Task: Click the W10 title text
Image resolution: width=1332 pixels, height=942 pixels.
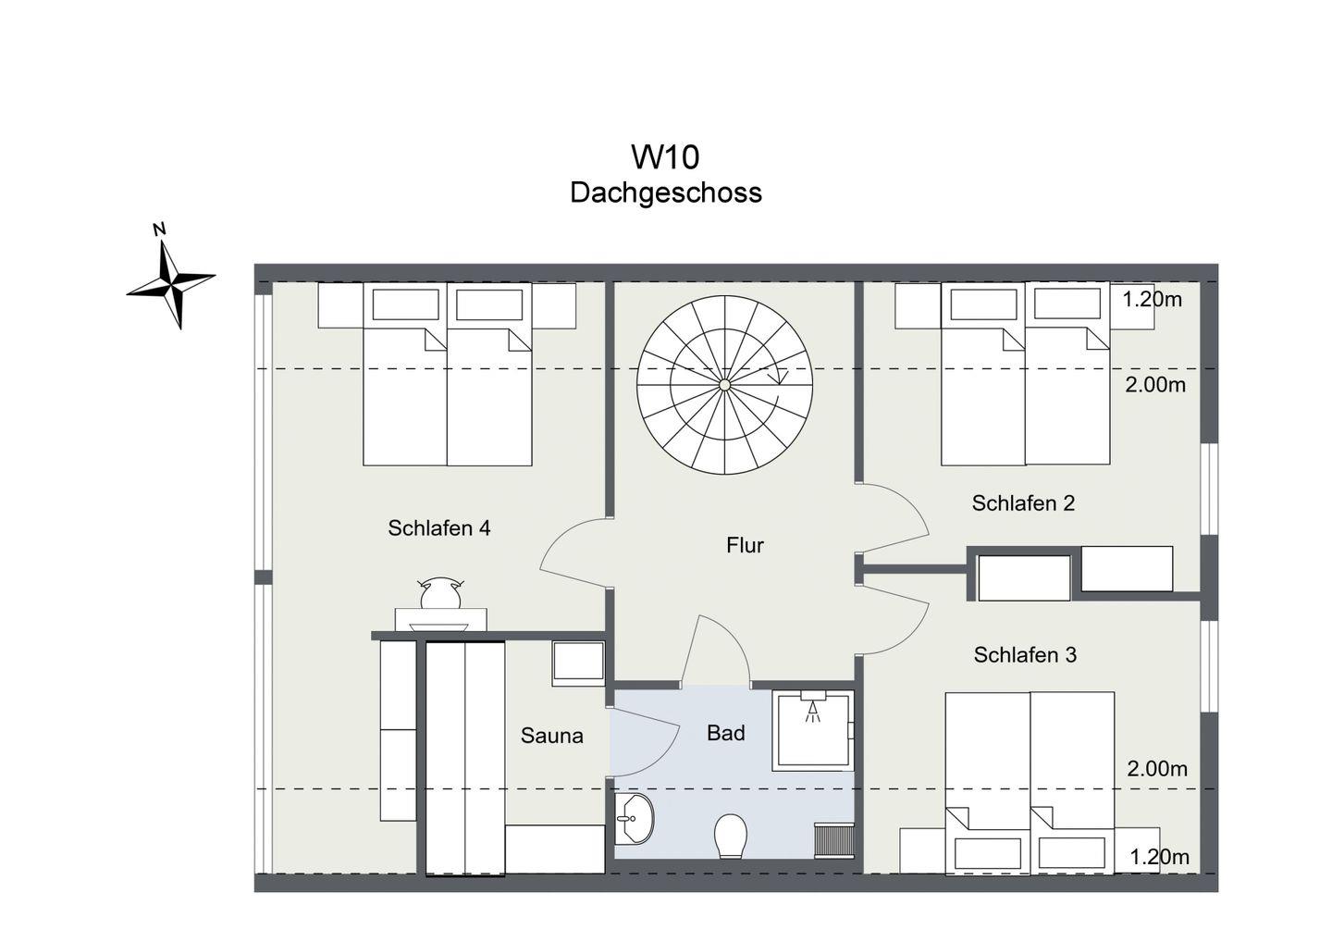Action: click(x=665, y=157)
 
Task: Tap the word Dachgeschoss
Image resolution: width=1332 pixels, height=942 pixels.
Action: click(x=665, y=192)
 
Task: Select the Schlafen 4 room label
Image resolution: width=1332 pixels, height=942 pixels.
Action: click(x=438, y=527)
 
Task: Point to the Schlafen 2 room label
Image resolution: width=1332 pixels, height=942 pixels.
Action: click(x=1023, y=503)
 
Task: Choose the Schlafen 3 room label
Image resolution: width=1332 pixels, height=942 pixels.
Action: click(x=1025, y=655)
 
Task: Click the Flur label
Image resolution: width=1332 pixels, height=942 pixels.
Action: click(x=745, y=545)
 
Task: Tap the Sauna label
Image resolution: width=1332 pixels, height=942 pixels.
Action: click(x=552, y=736)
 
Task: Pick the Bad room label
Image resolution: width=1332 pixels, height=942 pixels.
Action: click(x=725, y=733)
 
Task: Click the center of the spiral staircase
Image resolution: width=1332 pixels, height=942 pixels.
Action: click(x=724, y=385)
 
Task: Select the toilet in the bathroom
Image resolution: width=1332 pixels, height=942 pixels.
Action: click(x=731, y=837)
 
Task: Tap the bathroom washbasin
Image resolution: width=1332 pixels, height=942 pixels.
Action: click(x=634, y=818)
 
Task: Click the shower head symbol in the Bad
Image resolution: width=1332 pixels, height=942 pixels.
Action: click(x=812, y=707)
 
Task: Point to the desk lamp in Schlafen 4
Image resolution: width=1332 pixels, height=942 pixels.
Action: click(x=440, y=593)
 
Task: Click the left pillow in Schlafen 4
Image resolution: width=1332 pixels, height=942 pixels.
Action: click(x=405, y=304)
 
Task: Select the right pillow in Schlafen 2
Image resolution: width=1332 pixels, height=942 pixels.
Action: click(x=1067, y=304)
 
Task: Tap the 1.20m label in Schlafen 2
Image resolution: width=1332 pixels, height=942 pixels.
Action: click(x=1152, y=299)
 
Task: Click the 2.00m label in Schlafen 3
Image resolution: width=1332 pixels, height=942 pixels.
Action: click(x=1157, y=769)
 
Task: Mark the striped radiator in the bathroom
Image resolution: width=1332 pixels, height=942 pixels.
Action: click(x=833, y=840)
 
